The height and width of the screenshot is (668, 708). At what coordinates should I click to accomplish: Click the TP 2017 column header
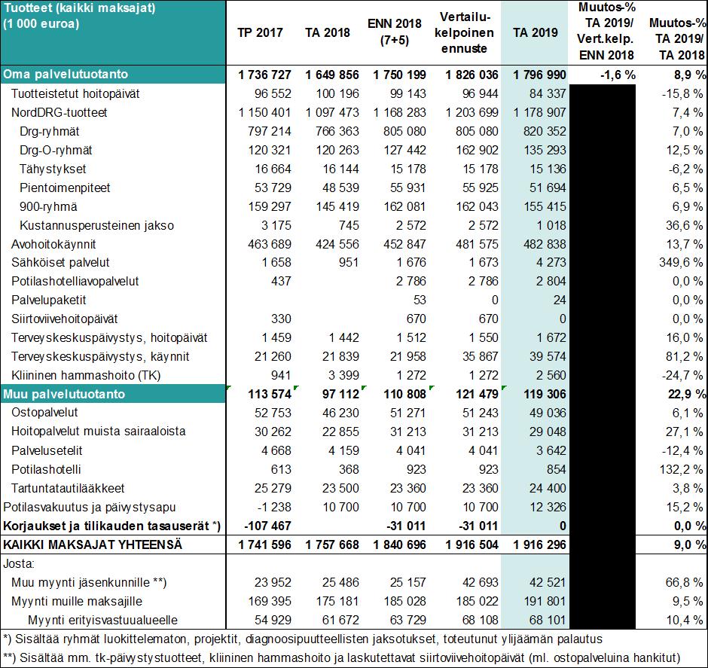tap(260, 32)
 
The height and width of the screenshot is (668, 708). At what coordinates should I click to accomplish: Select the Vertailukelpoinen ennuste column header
tap(464, 32)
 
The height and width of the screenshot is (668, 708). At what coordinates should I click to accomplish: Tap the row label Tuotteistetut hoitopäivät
tap(75, 94)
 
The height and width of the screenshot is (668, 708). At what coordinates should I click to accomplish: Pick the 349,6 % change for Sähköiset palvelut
tap(681, 262)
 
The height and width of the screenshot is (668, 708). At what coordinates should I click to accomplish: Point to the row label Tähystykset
tap(53, 169)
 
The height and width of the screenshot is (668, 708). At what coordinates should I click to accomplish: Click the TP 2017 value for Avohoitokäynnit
tap(270, 244)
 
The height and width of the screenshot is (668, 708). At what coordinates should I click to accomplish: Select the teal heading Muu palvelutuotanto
tap(64, 394)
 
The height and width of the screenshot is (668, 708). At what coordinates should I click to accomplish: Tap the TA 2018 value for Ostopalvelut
tap(340, 413)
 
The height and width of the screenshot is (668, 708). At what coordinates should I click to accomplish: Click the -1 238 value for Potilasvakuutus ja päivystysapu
tap(274, 507)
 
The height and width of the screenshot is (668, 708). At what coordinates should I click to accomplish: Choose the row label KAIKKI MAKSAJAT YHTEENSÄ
tap(93, 544)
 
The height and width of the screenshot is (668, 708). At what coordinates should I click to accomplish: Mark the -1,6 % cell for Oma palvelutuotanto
tap(618, 75)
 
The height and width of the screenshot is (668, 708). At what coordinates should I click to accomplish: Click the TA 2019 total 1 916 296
tap(539, 544)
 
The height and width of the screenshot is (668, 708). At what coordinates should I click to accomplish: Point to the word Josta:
tap(19, 564)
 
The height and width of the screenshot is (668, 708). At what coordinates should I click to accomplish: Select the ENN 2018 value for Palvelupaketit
tap(420, 300)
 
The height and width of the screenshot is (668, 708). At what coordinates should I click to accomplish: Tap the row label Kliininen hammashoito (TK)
tap(86, 376)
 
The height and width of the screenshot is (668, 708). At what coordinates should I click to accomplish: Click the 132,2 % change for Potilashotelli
tap(681, 469)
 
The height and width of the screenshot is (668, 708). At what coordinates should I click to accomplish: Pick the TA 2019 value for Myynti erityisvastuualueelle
tap(548, 620)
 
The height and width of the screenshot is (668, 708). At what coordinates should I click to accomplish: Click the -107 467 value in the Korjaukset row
tap(267, 526)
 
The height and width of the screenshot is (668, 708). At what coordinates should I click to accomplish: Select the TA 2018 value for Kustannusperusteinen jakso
tap(349, 225)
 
